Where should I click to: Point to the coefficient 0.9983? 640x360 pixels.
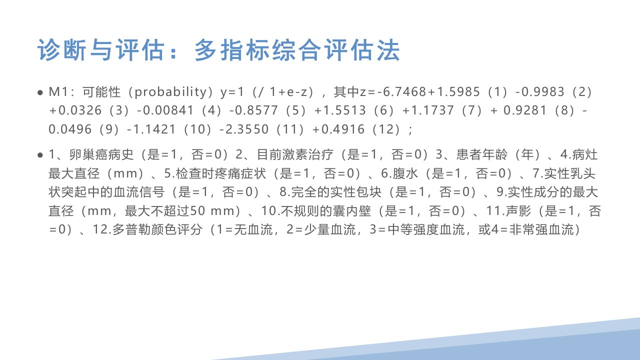543,92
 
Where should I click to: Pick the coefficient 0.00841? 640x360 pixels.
168,110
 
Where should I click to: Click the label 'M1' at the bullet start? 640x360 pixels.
58,92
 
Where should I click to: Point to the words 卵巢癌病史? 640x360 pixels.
101,155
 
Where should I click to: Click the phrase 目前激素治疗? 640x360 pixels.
295,155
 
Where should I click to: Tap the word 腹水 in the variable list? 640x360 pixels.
405,173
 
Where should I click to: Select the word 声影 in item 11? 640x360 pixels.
518,211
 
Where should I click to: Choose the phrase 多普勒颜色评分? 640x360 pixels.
157,229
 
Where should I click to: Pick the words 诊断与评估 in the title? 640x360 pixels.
101,50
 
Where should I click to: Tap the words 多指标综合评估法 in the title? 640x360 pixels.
297,50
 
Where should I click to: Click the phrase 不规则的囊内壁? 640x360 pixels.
326,211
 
